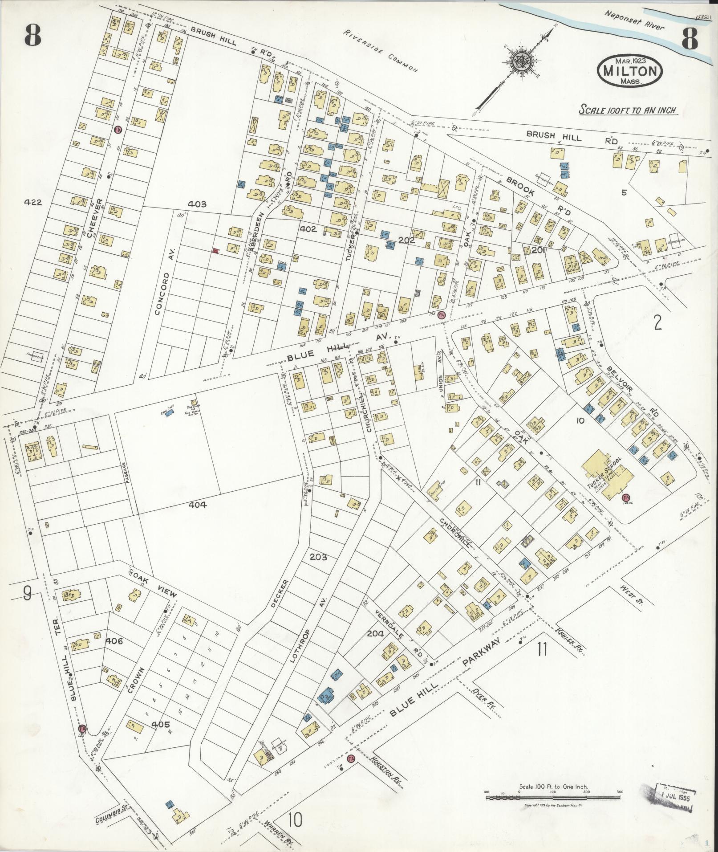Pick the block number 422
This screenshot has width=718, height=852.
[x=33, y=202]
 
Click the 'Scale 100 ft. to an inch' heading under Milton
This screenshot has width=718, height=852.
[x=628, y=110]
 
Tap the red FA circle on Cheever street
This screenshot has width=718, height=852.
[x=118, y=130]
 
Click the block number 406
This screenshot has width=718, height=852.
[x=114, y=641]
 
